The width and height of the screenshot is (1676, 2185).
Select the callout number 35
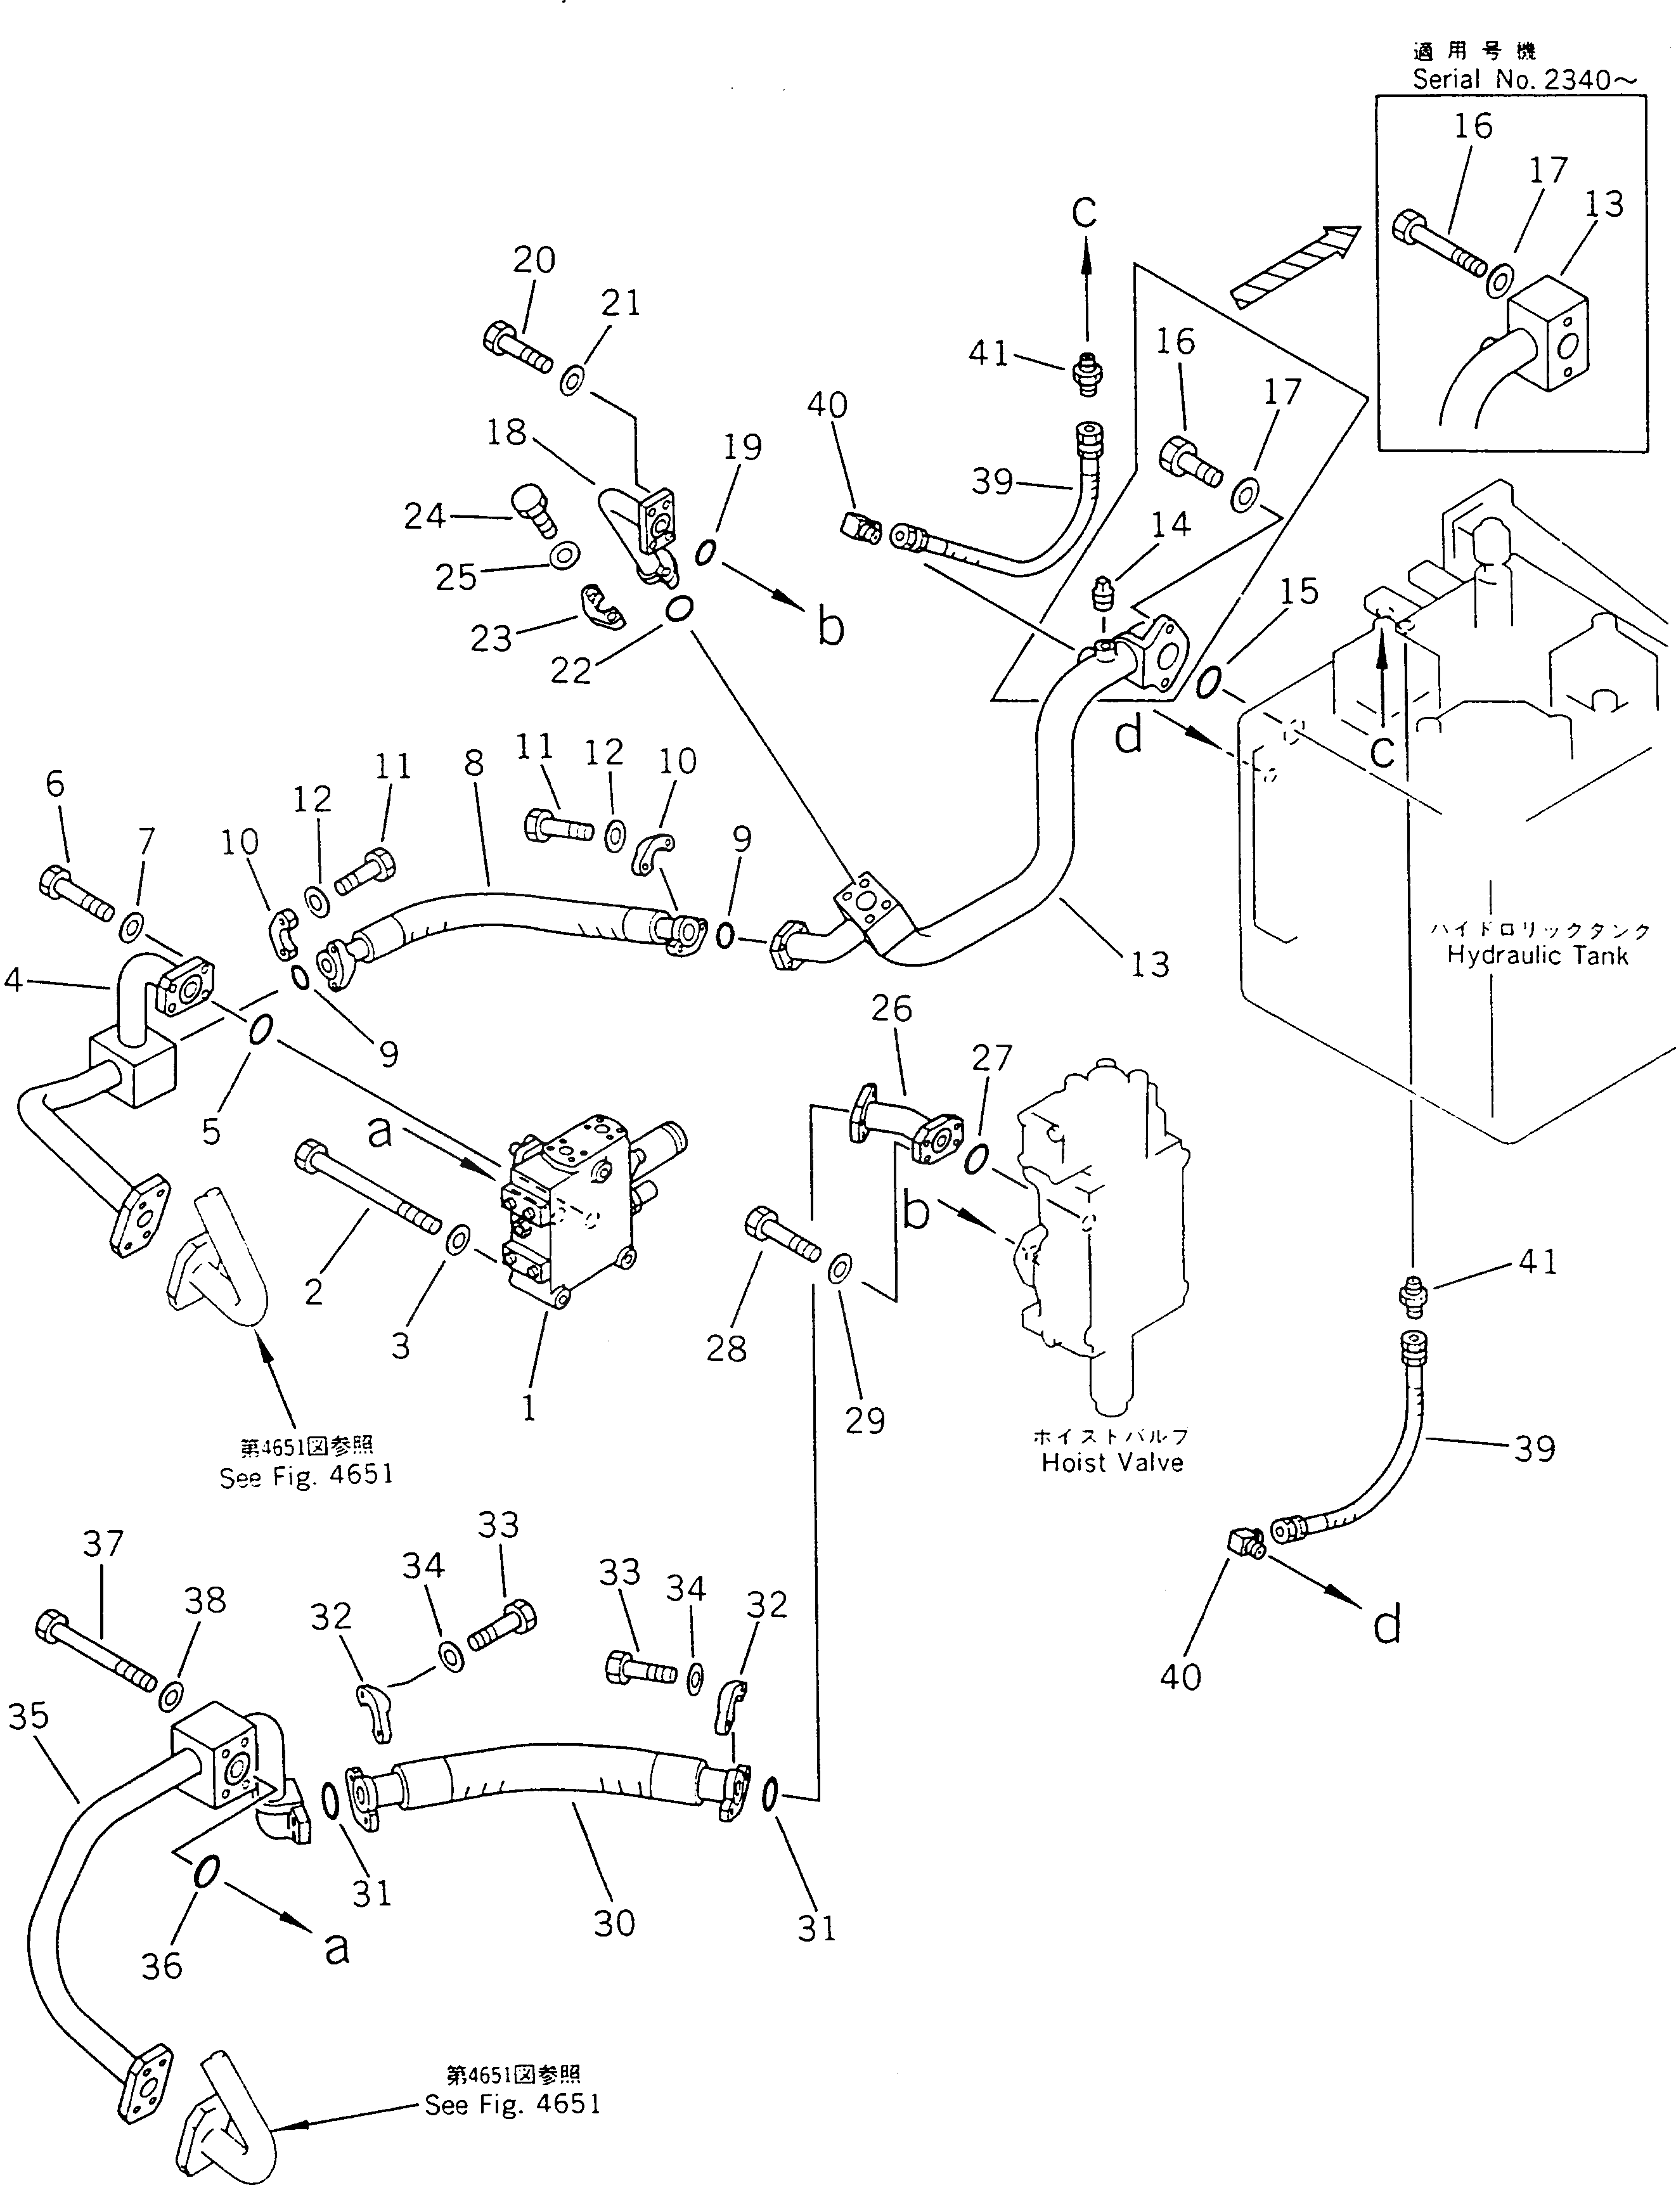tap(28, 1715)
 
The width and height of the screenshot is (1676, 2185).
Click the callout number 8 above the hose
tap(474, 763)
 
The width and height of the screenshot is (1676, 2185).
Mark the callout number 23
tap(491, 638)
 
